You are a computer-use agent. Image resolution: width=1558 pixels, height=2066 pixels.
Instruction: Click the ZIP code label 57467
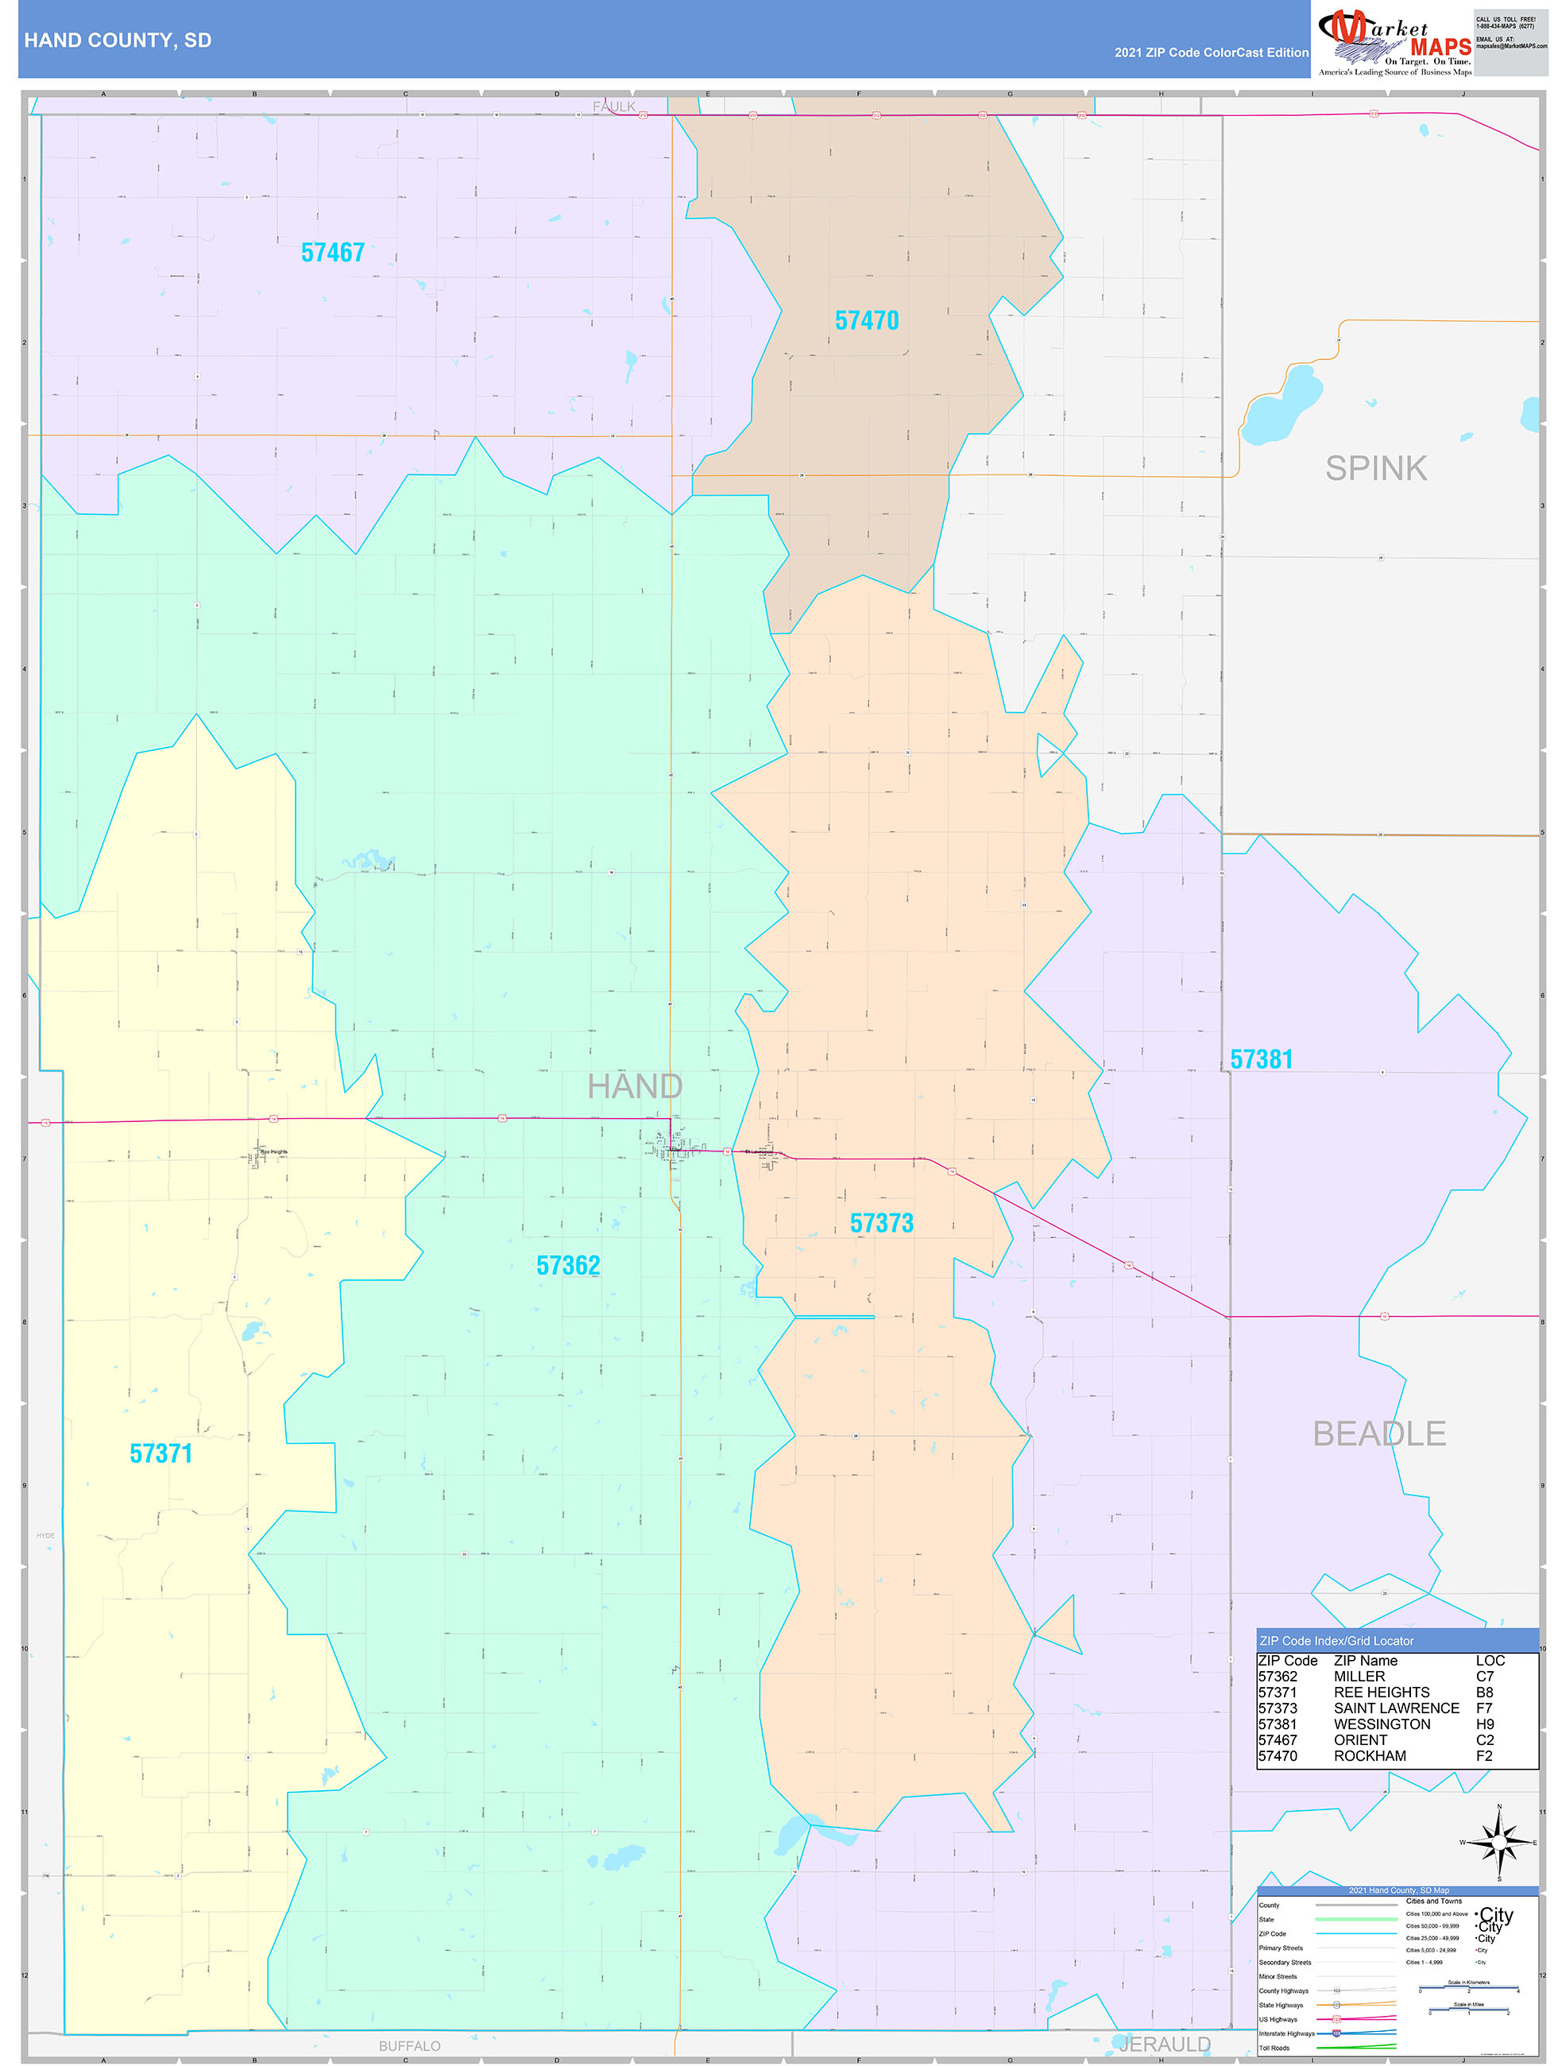(x=333, y=253)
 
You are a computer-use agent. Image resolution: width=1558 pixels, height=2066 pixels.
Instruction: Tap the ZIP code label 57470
(x=866, y=320)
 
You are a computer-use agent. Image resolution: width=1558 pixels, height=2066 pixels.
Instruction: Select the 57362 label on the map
(x=568, y=1266)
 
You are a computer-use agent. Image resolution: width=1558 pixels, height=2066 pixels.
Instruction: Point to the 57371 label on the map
(x=160, y=1453)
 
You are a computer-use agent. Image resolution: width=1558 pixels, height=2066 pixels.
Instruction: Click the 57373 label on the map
(x=881, y=1223)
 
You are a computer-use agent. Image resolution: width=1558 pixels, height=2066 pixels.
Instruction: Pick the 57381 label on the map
(x=1261, y=1059)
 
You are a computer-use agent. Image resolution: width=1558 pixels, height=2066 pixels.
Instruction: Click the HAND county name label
(x=634, y=1086)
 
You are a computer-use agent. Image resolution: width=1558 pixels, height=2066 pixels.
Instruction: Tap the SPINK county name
(x=1375, y=468)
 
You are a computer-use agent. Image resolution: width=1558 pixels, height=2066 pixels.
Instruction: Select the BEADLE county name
(x=1378, y=1433)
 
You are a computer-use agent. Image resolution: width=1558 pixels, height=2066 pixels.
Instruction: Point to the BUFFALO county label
(x=409, y=2045)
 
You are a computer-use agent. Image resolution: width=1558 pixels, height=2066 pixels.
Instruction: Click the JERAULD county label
(x=1164, y=2045)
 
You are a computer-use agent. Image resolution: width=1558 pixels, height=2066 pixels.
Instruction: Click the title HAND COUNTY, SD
(x=118, y=41)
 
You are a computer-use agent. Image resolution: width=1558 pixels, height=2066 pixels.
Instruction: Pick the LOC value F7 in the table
(x=1484, y=1708)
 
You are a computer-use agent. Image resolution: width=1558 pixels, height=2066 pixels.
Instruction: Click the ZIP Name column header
(x=1365, y=1661)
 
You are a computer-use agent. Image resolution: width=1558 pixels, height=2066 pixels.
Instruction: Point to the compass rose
(x=1499, y=1843)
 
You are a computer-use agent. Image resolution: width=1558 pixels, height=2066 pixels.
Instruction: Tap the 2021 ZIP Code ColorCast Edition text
(x=1211, y=52)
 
